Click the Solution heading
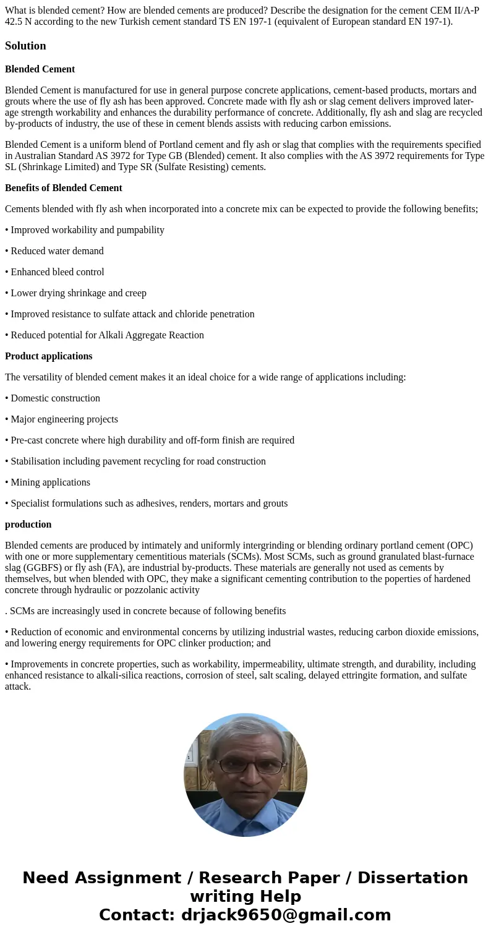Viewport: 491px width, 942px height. coord(25,46)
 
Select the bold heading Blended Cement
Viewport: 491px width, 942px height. coord(40,69)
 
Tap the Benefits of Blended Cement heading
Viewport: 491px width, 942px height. coord(63,188)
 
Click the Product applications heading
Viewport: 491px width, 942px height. coord(48,356)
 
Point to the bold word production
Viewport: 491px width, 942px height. coord(28,525)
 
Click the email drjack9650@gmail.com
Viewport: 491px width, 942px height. coord(286,915)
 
